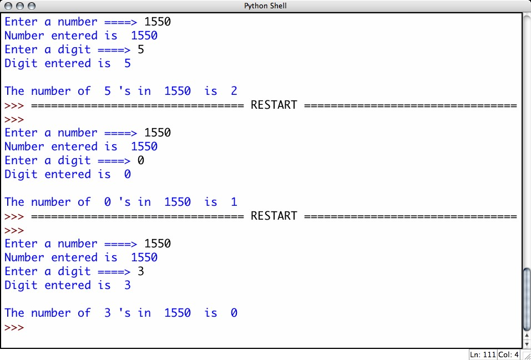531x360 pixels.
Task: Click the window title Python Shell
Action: (265, 6)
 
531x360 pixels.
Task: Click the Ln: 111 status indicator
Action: (482, 354)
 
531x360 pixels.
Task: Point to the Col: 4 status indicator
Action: (508, 354)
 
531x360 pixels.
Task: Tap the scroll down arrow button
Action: (527, 344)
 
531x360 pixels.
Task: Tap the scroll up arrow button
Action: (527, 335)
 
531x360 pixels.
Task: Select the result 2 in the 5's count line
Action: (234, 91)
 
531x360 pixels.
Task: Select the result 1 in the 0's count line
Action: (234, 202)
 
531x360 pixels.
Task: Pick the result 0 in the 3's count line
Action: (234, 313)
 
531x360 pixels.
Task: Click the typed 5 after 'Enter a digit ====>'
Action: (141, 49)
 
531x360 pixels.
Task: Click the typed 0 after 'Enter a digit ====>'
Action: (141, 160)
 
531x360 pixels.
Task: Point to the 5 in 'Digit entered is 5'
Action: (128, 63)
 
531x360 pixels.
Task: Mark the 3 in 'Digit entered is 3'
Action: (128, 285)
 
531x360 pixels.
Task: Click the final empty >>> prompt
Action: (14, 327)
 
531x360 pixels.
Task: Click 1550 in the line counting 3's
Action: (177, 313)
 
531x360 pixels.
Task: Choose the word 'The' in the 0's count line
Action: (14, 202)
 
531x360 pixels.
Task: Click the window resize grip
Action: (526, 355)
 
